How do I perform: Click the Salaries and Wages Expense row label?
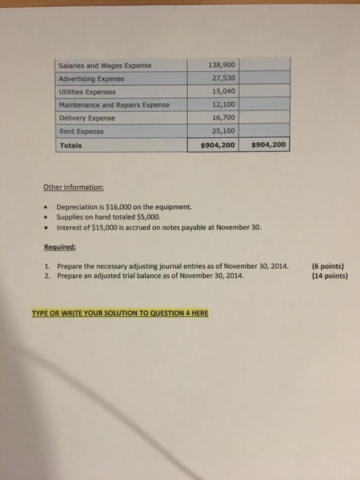pyautogui.click(x=104, y=66)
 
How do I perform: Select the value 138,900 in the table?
pyautogui.click(x=221, y=65)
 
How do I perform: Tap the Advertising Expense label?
pyautogui.click(x=91, y=79)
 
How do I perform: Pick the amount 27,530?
pyautogui.click(x=222, y=78)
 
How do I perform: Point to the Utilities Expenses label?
pyautogui.click(x=87, y=92)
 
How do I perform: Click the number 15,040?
pyautogui.click(x=222, y=91)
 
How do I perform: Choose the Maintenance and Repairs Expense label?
pyautogui.click(x=113, y=105)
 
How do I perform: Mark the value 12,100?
pyautogui.click(x=222, y=104)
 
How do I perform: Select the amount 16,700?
pyautogui.click(x=222, y=117)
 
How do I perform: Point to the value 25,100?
pyautogui.click(x=222, y=130)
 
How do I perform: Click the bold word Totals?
pyautogui.click(x=70, y=145)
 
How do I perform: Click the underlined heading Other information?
pyautogui.click(x=73, y=187)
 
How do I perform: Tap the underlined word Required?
pyautogui.click(x=60, y=248)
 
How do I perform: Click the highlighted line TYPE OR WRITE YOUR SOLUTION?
pyautogui.click(x=120, y=313)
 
